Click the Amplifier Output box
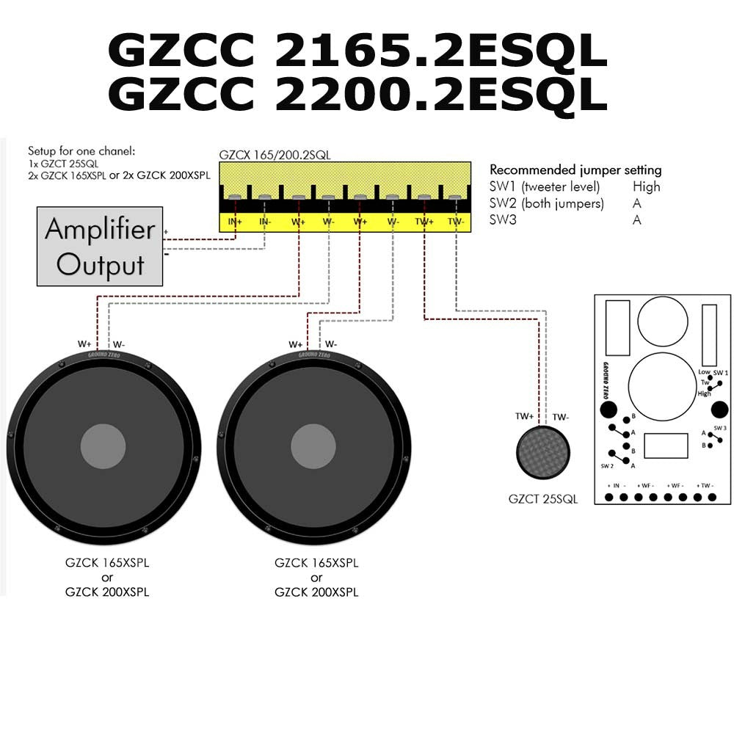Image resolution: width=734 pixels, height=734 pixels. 100,247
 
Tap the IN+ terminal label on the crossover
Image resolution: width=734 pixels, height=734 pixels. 235,220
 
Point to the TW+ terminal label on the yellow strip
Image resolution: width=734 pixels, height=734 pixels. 424,220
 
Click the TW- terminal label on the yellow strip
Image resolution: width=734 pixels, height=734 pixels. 456,220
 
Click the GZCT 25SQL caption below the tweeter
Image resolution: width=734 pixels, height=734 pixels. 543,499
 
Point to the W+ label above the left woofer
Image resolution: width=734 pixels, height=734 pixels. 85,344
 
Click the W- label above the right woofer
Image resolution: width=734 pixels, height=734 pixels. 331,344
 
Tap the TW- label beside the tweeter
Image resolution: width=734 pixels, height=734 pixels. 561,417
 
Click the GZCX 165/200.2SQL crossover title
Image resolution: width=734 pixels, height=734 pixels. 274,156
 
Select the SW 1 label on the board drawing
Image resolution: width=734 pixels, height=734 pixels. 721,373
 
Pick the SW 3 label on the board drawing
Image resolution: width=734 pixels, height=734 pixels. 720,428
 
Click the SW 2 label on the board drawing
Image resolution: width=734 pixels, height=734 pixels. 607,466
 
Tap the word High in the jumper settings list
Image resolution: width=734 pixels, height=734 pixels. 646,186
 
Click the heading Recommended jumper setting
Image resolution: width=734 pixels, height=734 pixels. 575,170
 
